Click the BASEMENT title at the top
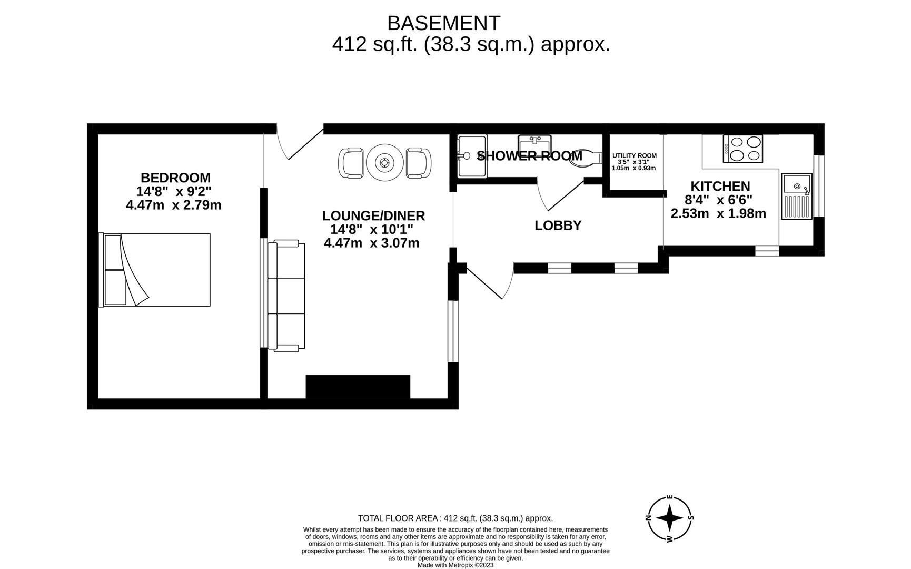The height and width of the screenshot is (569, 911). [443, 23]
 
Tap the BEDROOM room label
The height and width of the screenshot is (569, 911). [175, 178]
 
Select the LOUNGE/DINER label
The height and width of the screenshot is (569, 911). [373, 215]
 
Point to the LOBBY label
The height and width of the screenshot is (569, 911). [558, 225]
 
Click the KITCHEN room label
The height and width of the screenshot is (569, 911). [720, 186]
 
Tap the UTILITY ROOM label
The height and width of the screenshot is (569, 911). [634, 156]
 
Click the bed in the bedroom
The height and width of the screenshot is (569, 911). [154, 270]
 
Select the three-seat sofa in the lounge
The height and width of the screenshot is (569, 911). [286, 296]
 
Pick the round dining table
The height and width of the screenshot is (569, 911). [385, 163]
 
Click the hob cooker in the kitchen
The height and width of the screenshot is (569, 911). [743, 149]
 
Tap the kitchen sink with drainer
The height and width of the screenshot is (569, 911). [797, 196]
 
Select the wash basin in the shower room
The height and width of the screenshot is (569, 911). [534, 143]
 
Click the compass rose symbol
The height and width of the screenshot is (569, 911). [670, 518]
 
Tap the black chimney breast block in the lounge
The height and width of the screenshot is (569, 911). [358, 387]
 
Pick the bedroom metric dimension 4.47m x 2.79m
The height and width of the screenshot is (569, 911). [174, 205]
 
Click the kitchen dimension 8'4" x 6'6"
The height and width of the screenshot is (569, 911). [718, 200]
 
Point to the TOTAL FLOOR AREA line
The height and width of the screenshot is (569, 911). [456, 518]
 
